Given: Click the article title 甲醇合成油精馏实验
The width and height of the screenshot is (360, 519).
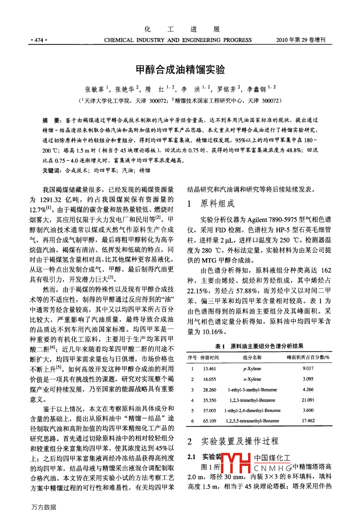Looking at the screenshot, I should (180, 70).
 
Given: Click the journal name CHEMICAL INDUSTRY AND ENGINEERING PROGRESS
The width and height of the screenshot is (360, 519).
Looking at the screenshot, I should (178, 40).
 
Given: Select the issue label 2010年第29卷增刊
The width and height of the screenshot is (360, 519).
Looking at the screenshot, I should (301, 40).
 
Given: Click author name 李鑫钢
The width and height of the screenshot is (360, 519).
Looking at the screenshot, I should (256, 89).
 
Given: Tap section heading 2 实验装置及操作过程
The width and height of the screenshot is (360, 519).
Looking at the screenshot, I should (233, 441).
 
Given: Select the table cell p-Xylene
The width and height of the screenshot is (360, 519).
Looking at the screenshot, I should (252, 369).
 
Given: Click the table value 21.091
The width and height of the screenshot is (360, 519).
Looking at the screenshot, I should (308, 400).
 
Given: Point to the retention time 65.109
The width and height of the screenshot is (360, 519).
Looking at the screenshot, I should (210, 421).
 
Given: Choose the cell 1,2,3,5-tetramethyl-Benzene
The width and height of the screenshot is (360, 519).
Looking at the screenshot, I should (253, 421).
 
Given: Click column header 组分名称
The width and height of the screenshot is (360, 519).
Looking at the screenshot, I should (252, 357).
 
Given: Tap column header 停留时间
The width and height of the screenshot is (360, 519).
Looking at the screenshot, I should (210, 357).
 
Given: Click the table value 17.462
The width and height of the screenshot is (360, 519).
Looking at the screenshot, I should (308, 420).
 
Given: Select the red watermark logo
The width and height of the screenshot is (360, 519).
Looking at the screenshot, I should (236, 463).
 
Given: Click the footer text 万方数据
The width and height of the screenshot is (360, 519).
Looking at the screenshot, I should (44, 507).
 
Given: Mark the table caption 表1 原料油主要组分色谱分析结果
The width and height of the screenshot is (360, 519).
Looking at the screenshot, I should (259, 346).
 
